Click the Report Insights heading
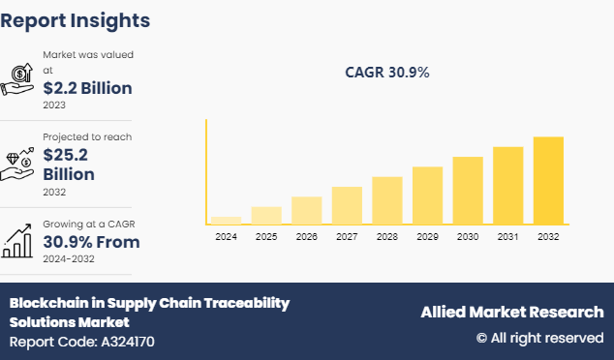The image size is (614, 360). click(76, 19)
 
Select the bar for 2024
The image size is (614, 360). click(226, 221)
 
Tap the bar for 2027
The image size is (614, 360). click(347, 205)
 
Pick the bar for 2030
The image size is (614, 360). click(468, 191)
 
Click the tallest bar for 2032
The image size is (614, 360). click(548, 180)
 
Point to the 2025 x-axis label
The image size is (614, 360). click(266, 236)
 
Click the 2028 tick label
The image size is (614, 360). click(387, 236)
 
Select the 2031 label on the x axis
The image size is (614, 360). click(507, 236)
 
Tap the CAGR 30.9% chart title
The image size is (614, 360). click(387, 73)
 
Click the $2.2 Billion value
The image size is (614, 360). click(87, 88)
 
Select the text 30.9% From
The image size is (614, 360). click(91, 242)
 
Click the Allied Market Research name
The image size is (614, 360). click(511, 312)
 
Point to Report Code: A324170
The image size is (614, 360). click(81, 342)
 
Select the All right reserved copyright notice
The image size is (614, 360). click(539, 338)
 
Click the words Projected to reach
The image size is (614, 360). click(87, 137)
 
